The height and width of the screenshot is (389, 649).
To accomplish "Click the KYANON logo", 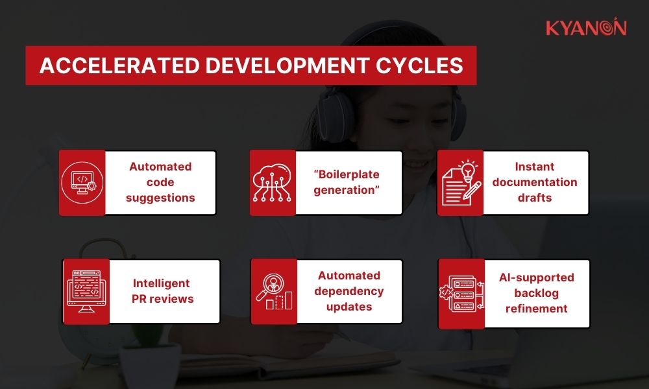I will (x=585, y=28).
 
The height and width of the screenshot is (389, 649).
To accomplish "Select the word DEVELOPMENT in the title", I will (x=279, y=65).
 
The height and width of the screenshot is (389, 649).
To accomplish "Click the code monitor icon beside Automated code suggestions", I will (x=82, y=183).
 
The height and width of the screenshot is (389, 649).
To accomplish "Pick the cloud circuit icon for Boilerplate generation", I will (x=273, y=183).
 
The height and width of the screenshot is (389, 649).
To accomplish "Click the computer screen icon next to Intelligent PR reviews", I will (x=86, y=292).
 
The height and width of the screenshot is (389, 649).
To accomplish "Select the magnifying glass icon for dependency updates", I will (x=273, y=292).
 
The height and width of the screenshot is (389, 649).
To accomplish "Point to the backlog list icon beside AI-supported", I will (x=461, y=294).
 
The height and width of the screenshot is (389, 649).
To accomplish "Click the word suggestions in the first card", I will (x=160, y=198).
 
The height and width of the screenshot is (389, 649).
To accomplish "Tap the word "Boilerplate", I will (x=349, y=175).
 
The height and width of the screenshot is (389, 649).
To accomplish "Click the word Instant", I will (x=535, y=167).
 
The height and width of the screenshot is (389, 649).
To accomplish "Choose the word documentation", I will (x=535, y=182).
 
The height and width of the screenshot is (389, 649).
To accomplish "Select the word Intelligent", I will (x=161, y=283).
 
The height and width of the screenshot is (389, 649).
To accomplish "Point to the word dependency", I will (x=350, y=291).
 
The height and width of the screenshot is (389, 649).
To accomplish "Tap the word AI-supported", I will (x=536, y=277).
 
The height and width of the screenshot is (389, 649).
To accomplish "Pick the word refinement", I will (x=536, y=309).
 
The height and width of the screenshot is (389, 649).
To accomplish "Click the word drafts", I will (x=535, y=198).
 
